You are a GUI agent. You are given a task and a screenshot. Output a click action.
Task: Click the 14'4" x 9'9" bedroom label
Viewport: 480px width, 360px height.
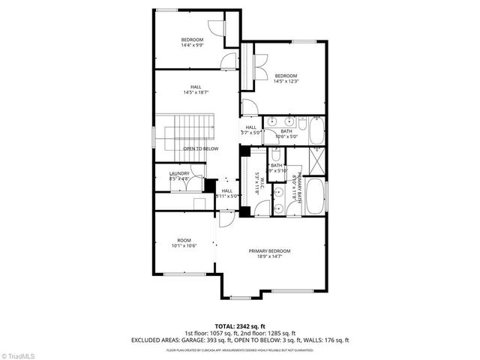pyautogui.click(x=192, y=42)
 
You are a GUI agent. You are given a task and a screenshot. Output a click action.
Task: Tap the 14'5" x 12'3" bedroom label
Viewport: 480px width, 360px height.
pyautogui.click(x=286, y=79)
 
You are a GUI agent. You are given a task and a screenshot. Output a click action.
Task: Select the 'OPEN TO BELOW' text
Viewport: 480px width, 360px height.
pyautogui.click(x=200, y=148)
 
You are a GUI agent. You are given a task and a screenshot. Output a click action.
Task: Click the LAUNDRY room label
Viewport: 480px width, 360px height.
pyautogui.click(x=179, y=176)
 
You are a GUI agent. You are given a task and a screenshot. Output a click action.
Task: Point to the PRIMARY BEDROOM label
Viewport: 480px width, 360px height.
pyautogui.click(x=269, y=253)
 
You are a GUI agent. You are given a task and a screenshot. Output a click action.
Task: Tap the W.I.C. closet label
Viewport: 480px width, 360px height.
pyautogui.click(x=258, y=184)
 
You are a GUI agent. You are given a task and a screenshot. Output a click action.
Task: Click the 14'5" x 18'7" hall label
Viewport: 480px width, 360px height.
pyautogui.click(x=196, y=90)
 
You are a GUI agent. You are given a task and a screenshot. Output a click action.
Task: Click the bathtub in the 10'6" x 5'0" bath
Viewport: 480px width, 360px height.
pyautogui.click(x=317, y=133)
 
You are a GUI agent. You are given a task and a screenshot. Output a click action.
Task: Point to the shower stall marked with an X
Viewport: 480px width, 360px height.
pyautogui.click(x=317, y=160)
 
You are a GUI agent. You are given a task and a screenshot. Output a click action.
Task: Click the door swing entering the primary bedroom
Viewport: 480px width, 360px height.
pyautogui.click(x=225, y=220)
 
